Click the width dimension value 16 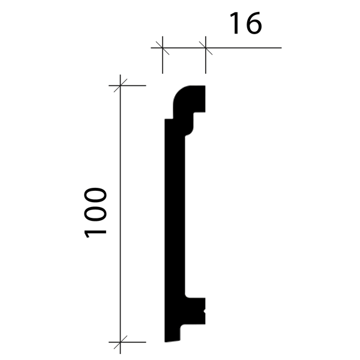click(245, 23)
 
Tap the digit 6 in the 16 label click(253, 23)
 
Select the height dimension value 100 click(95, 213)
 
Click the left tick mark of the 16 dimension click(163, 48)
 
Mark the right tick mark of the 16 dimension click(206, 48)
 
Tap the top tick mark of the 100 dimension click(121, 86)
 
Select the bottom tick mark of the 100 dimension click(121, 342)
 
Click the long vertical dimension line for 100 click(121, 214)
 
